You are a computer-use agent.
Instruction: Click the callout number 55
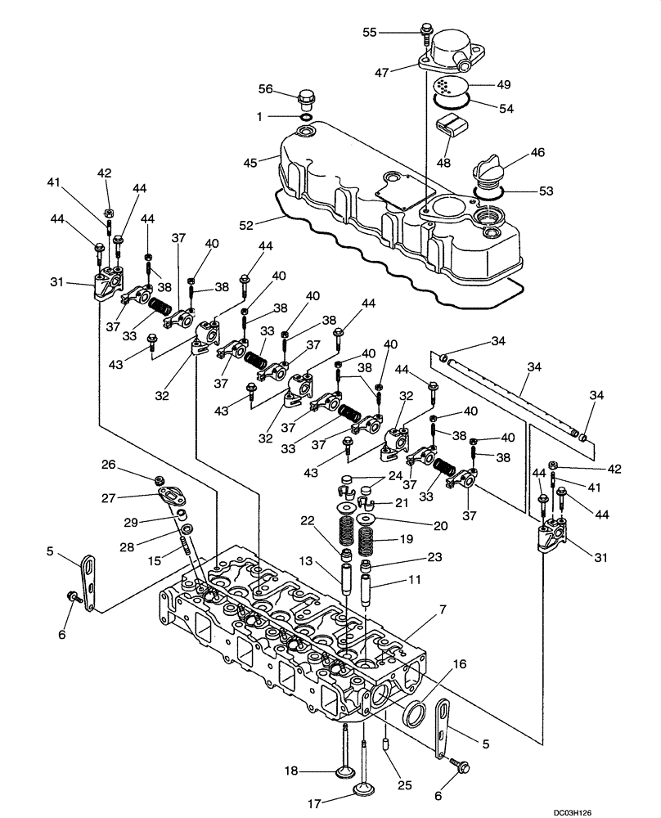point(370,31)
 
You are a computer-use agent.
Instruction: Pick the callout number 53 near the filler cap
point(546,191)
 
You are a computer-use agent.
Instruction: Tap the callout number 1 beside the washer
point(260,117)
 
